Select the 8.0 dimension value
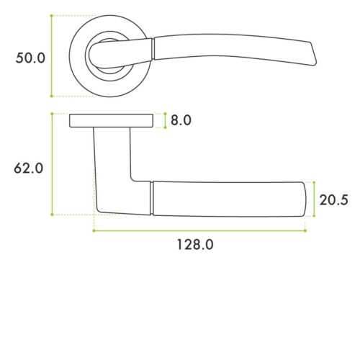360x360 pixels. [x=180, y=120]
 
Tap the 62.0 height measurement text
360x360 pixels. [x=30, y=168]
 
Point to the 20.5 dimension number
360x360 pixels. [x=334, y=199]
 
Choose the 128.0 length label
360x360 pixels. [x=195, y=244]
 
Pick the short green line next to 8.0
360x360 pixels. [x=166, y=120]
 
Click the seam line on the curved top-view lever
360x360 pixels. [x=155, y=48]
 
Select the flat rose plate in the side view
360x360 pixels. [x=112, y=120]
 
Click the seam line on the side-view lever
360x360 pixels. [x=152, y=198]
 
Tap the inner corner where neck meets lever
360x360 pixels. [x=132, y=179]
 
